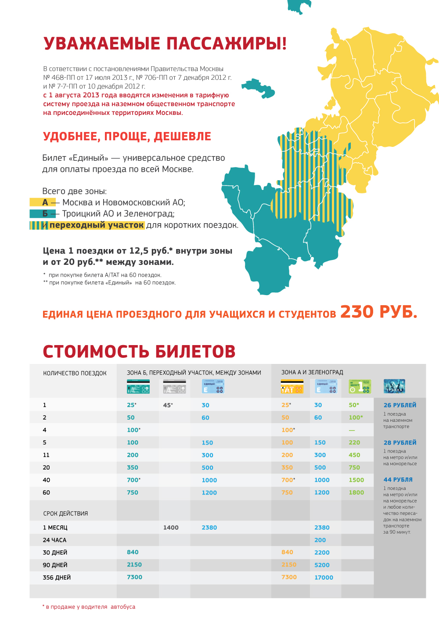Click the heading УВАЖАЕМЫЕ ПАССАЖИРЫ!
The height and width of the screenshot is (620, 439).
[165, 44]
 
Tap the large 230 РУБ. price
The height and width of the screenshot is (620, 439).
[378, 312]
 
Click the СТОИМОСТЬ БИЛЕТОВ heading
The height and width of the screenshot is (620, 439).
[139, 352]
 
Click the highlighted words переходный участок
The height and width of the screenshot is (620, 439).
[97, 225]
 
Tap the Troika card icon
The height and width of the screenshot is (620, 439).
[394, 386]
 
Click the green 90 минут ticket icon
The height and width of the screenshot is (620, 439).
[360, 386]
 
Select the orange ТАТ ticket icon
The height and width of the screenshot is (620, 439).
[292, 387]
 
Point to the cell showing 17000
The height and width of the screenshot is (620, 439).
[324, 577]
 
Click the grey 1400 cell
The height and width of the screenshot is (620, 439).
[171, 527]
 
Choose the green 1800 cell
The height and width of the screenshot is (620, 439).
[356, 492]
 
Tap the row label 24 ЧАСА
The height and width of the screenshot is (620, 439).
[55, 540]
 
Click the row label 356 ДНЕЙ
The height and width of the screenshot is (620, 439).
[57, 577]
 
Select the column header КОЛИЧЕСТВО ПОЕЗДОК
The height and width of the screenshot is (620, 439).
[75, 373]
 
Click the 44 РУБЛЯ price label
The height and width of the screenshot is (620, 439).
[398, 480]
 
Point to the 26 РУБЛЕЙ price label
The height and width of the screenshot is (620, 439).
[399, 405]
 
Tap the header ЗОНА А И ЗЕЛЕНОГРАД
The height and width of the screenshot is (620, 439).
[312, 372]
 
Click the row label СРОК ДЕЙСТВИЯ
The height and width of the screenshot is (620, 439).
[65, 513]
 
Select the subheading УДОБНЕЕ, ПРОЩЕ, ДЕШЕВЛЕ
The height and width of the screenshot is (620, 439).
[127, 136]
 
